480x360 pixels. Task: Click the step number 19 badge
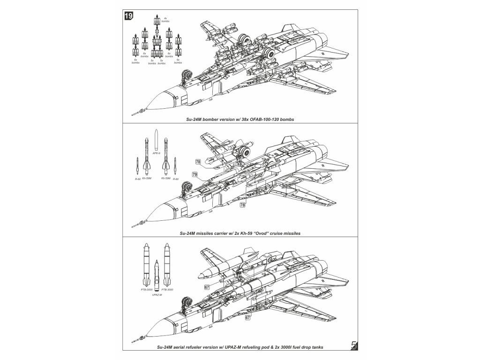click(x=128, y=16)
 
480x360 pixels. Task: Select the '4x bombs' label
click(x=165, y=20)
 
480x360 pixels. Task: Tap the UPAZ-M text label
click(x=157, y=296)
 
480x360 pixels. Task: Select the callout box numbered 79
click(x=194, y=174)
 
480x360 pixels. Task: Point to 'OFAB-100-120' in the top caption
click(x=266, y=120)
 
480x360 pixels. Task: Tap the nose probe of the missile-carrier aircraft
click(x=136, y=225)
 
